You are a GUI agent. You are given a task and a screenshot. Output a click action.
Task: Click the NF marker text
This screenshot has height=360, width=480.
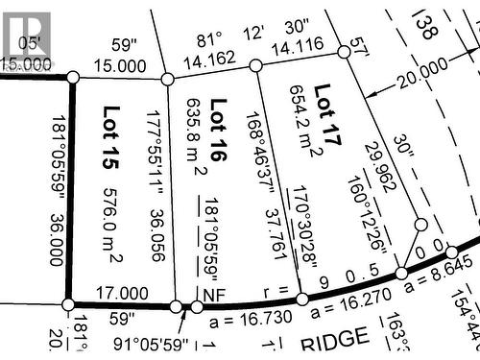pyautogui.click(x=212, y=292)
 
